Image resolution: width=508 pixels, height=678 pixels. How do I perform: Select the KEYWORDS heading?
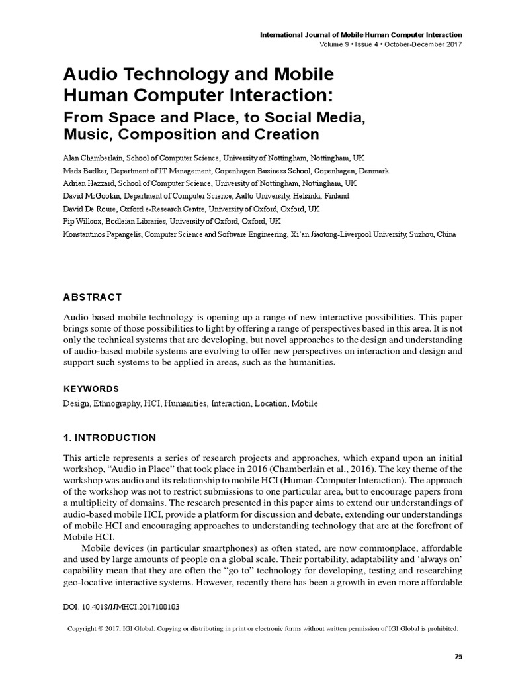91,389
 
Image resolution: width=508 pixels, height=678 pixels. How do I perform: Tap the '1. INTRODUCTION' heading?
110,438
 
